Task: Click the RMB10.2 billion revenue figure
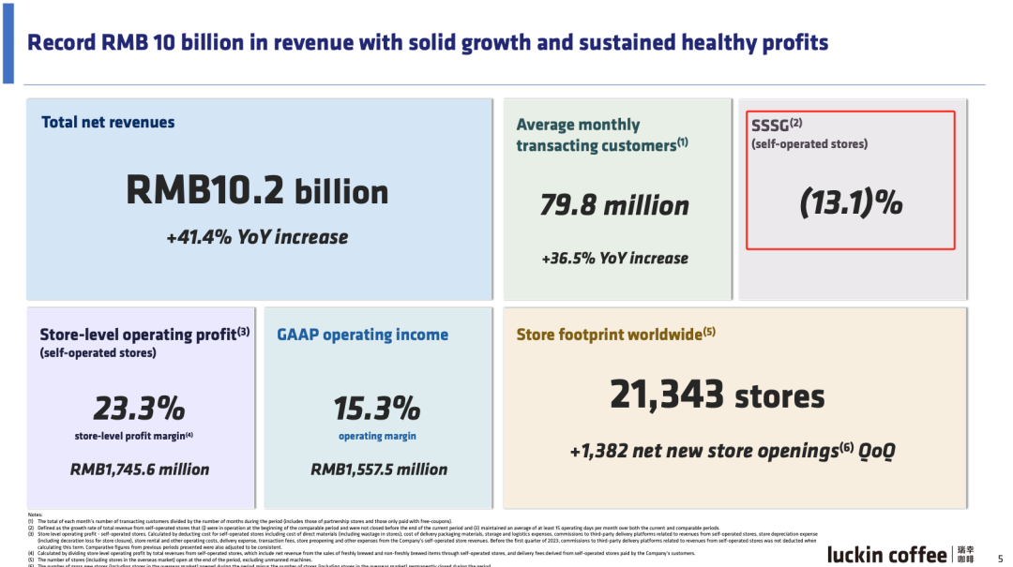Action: [257, 191]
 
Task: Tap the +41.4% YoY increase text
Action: [257, 237]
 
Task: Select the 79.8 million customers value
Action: [614, 205]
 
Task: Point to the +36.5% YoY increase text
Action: [614, 258]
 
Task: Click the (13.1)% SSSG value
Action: [851, 202]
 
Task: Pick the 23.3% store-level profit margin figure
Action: [139, 409]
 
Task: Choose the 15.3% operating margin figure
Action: [377, 409]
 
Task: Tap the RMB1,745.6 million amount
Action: [140, 469]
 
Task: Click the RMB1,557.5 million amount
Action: [378, 469]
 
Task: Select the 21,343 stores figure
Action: [718, 395]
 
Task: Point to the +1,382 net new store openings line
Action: [733, 451]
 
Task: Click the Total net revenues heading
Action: [108, 122]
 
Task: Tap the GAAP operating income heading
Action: [362, 335]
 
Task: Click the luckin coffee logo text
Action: [886, 555]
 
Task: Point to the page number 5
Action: [1000, 556]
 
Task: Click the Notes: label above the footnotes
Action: [36, 515]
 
